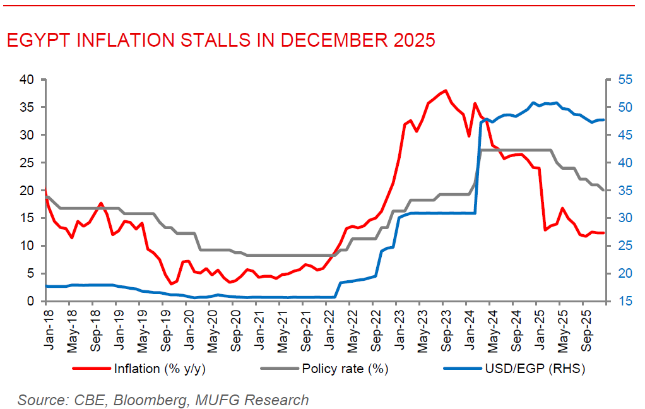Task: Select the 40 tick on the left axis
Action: point(27,80)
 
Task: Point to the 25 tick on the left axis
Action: point(27,163)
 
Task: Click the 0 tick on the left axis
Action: point(30,301)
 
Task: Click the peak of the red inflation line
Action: point(446,90)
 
